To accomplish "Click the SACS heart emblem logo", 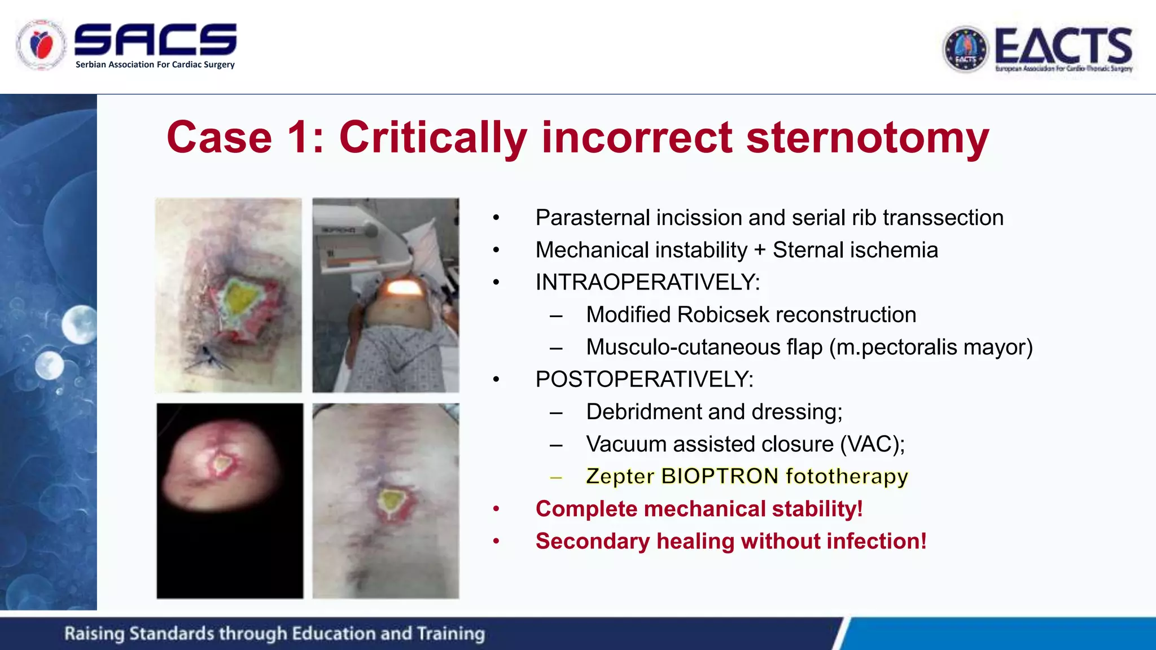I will point(41,45).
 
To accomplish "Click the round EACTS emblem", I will point(966,50).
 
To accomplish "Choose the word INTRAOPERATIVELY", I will point(647,282).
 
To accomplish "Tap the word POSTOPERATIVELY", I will point(644,379).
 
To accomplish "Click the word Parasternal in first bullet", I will point(592,218).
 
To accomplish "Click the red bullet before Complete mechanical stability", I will point(496,509).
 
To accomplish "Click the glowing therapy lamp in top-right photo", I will point(404,288).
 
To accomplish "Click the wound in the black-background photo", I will point(221,464).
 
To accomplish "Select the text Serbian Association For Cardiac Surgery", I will point(155,64).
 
